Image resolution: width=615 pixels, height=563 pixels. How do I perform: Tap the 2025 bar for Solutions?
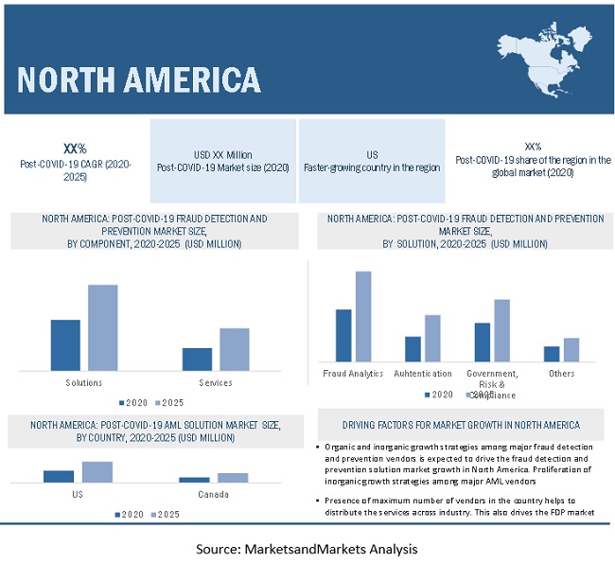(103, 327)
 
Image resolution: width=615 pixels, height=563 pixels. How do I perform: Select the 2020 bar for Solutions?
(65, 345)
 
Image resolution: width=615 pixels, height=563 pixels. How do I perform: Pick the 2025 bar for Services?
(235, 349)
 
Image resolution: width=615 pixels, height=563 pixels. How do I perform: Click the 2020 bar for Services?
(197, 360)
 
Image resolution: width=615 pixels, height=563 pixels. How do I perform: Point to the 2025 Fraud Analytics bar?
(363, 316)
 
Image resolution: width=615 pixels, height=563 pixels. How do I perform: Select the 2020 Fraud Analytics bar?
(343, 335)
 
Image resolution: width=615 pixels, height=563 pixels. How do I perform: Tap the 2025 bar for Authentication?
(432, 338)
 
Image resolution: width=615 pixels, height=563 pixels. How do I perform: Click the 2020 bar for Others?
(552, 354)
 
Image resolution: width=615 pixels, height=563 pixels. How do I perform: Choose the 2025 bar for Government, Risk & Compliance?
(501, 330)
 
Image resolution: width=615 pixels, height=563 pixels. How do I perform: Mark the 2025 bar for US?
(97, 472)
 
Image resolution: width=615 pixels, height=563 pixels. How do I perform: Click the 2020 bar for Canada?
(194, 480)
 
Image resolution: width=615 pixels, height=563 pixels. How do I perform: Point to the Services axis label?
(216, 382)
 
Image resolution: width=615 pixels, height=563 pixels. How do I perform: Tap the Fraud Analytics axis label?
(353, 374)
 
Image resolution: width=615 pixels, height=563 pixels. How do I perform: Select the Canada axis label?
(213, 495)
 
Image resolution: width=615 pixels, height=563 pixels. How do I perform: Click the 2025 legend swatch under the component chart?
(156, 401)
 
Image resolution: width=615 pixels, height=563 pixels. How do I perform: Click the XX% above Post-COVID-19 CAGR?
(75, 149)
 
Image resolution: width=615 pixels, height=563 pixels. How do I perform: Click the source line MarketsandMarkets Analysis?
(307, 548)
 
